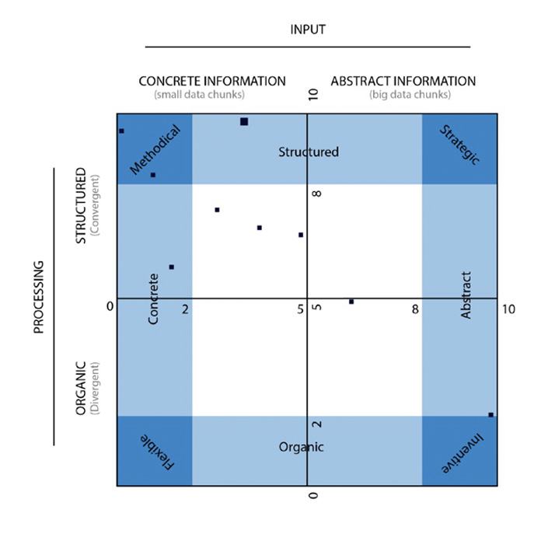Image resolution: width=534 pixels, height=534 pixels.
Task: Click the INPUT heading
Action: pyautogui.click(x=308, y=30)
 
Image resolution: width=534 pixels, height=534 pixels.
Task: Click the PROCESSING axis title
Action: pyautogui.click(x=39, y=302)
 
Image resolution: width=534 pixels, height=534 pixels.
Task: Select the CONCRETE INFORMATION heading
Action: pyautogui.click(x=211, y=81)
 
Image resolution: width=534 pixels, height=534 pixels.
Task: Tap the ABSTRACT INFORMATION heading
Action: pyautogui.click(x=403, y=81)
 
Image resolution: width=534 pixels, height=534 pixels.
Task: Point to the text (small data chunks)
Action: pyautogui.click(x=200, y=95)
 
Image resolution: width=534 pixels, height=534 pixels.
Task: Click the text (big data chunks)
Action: pyautogui.click(x=410, y=95)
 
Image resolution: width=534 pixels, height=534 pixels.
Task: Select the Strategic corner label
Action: pyautogui.click(x=459, y=144)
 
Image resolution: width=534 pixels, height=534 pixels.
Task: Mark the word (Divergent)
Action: pyautogui.click(x=96, y=386)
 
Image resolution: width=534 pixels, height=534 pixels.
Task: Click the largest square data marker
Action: pyautogui.click(x=244, y=121)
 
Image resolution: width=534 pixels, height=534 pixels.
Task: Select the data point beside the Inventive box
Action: pyautogui.click(x=490, y=415)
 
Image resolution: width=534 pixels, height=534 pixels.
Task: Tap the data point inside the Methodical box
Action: pyautogui.click(x=153, y=175)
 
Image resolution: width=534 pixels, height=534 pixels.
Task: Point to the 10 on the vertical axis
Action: pyautogui.click(x=314, y=95)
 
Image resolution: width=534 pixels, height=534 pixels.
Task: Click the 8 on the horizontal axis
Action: pyautogui.click(x=416, y=309)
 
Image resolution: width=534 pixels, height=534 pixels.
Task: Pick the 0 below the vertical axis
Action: pyautogui.click(x=313, y=495)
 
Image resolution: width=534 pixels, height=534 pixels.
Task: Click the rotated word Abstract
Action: pyautogui.click(x=466, y=295)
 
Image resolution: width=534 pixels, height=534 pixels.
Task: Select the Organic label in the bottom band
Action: pyautogui.click(x=302, y=447)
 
